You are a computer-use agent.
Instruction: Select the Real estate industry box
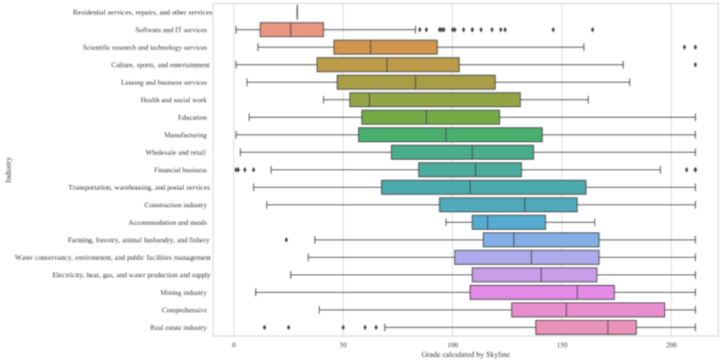pos(586,327)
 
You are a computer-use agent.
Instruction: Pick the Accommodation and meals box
pos(509,222)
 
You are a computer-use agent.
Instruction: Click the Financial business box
pos(470,170)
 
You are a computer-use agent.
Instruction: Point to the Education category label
pos(192,118)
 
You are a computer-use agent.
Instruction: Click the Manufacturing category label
pos(186,134)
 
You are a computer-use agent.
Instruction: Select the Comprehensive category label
pos(184,310)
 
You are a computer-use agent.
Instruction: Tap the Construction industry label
pos(175,205)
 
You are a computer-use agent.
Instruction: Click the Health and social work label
pos(174,100)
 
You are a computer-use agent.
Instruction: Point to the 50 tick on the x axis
pos(343,344)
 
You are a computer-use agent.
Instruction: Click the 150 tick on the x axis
pos(562,344)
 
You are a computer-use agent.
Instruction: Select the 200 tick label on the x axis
pos(671,344)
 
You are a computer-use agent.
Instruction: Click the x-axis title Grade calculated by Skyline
pos(459,354)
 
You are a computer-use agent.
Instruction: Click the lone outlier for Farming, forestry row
pos(287,240)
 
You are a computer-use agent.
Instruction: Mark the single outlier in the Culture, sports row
pos(695,64)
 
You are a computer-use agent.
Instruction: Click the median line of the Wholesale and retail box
pos(472,152)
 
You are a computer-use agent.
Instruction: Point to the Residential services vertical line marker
pos(297,12)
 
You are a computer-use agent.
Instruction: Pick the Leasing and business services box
pos(416,83)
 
